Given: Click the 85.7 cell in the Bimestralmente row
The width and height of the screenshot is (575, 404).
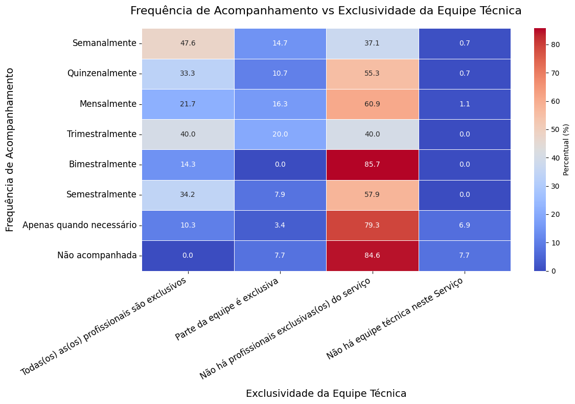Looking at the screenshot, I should pyautogui.click(x=372, y=164).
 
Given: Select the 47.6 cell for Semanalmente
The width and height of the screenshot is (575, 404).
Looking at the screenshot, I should pyautogui.click(x=188, y=43).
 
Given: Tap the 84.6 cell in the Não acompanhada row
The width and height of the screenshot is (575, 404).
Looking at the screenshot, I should pyautogui.click(x=372, y=255).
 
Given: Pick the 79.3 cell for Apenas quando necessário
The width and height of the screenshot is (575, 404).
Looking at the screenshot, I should pyautogui.click(x=372, y=225).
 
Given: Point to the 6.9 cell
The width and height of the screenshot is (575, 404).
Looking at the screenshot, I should pyautogui.click(x=464, y=225).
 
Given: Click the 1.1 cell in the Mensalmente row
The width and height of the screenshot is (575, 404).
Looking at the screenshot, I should pyautogui.click(x=464, y=104).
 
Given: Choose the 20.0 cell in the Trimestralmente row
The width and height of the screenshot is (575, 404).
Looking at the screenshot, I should pyautogui.click(x=280, y=134).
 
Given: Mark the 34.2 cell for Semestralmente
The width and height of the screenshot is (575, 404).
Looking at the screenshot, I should pyautogui.click(x=188, y=195).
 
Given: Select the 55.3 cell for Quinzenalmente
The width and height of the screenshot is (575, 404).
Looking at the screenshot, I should pyautogui.click(x=372, y=74).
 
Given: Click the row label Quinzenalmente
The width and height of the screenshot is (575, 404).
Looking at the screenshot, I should pyautogui.click(x=102, y=74).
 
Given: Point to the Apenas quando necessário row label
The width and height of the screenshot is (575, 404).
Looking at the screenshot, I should pyautogui.click(x=79, y=225).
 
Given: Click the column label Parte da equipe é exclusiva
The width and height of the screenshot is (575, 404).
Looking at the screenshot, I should pyautogui.click(x=228, y=309).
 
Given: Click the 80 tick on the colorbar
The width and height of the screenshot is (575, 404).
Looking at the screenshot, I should pyautogui.click(x=556, y=45).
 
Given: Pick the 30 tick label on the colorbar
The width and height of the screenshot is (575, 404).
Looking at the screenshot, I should pyautogui.click(x=556, y=186).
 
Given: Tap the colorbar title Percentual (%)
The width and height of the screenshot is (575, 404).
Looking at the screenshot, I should pyautogui.click(x=566, y=149).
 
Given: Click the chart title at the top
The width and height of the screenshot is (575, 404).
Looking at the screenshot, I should pyautogui.click(x=326, y=11).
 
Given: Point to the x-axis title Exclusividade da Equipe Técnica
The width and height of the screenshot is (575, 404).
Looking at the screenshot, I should pyautogui.click(x=326, y=393).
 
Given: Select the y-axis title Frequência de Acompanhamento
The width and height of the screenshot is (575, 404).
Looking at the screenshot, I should pyautogui.click(x=10, y=149).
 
